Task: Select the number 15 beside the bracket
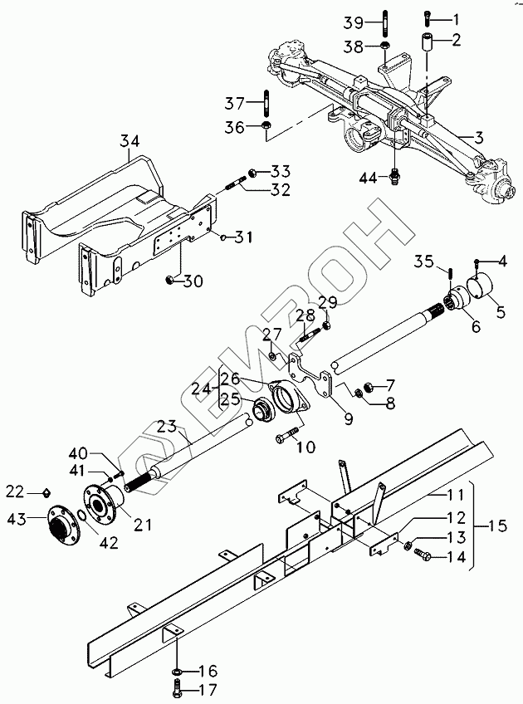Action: pyautogui.click(x=497, y=526)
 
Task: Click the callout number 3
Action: pyautogui.click(x=480, y=135)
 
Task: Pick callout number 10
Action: pyautogui.click(x=306, y=447)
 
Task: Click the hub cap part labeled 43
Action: pyautogui.click(x=59, y=525)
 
